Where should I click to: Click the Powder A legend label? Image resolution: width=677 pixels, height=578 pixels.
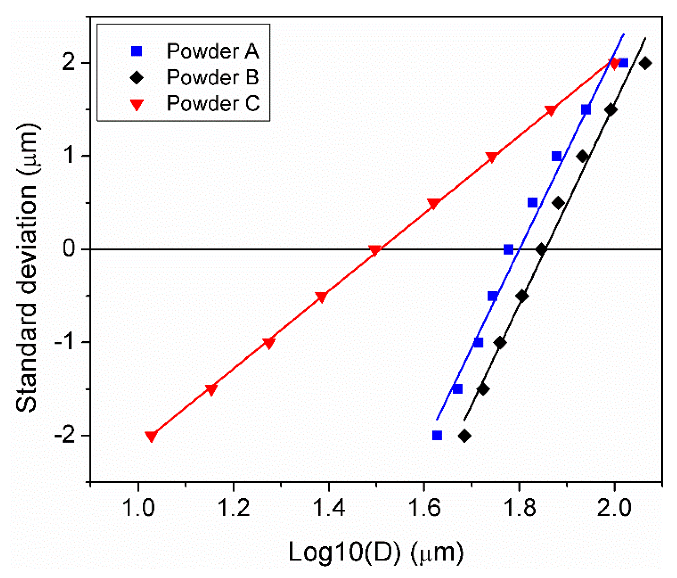(213, 51)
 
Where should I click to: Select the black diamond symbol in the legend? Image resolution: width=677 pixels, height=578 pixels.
(137, 78)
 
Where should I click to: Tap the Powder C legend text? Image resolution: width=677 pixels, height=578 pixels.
(213, 104)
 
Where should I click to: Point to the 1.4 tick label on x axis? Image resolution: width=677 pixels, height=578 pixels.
(328, 508)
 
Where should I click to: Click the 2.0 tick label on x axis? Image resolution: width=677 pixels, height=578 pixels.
(614, 508)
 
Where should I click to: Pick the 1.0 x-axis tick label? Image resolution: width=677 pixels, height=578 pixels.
(138, 508)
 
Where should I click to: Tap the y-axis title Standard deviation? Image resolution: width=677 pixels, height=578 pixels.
(28, 268)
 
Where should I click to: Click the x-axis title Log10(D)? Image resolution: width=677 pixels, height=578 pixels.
(376, 552)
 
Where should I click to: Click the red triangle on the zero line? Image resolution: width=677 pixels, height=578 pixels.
(375, 250)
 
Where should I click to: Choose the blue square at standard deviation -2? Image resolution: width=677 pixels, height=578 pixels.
(437, 435)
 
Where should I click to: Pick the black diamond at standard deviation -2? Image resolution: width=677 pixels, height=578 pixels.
(465, 436)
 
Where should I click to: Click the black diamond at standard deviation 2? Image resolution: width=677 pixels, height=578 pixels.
(645, 63)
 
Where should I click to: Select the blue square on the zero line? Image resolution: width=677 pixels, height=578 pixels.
(508, 249)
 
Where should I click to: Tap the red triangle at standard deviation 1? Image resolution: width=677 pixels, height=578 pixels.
(492, 157)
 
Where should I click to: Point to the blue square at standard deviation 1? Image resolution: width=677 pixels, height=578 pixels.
(556, 156)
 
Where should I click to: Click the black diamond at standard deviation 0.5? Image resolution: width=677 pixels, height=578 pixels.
(558, 203)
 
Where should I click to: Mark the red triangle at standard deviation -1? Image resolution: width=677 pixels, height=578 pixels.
(268, 343)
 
